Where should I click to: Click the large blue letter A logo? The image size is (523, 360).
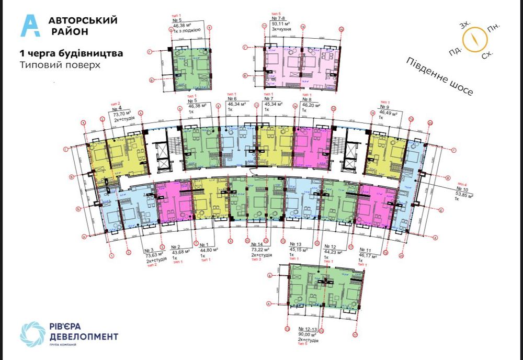click(30, 26)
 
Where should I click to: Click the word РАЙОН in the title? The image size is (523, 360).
click(70, 31)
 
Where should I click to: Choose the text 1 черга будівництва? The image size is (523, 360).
click(71, 53)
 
